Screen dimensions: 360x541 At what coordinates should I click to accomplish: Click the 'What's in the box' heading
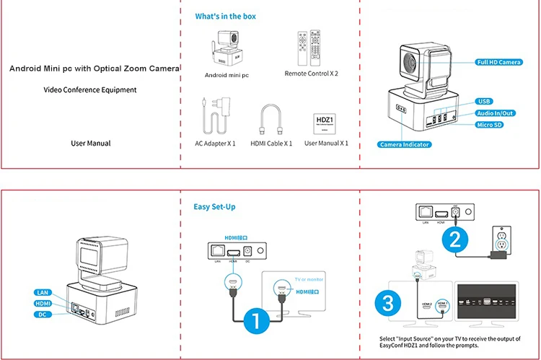(225, 16)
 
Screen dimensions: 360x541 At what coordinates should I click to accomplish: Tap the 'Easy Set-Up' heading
(215, 207)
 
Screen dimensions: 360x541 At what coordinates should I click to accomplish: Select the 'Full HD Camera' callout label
(499, 63)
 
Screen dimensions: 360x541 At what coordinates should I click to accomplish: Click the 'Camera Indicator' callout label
(405, 144)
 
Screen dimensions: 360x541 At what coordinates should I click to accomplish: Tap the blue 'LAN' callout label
(42, 292)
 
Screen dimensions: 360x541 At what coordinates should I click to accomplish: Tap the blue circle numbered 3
(388, 303)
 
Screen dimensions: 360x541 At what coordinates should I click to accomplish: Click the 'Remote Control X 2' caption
(311, 74)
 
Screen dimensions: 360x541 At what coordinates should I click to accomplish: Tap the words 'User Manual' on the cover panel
(90, 143)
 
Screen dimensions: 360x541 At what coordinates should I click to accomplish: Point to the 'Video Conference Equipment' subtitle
(89, 90)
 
